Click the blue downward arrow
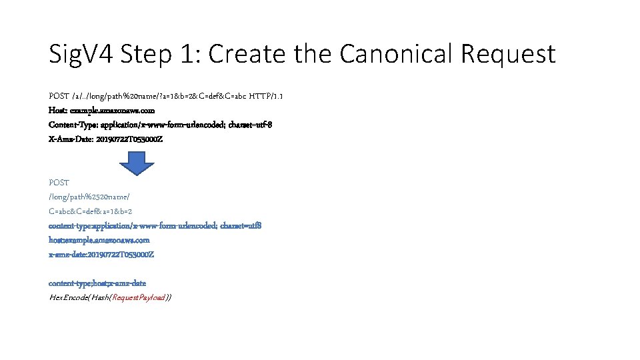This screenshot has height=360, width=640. coord(136,162)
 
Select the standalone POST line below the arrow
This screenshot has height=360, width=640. coord(59,182)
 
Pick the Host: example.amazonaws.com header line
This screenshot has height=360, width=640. coord(101,110)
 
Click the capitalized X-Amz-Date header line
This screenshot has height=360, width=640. coord(105,139)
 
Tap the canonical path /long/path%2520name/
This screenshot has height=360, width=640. coord(89,197)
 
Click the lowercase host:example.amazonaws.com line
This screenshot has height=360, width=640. coord(99,240)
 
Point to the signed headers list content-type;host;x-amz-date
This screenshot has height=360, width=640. coord(97,283)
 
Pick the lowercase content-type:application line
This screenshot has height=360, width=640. coord(155,225)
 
